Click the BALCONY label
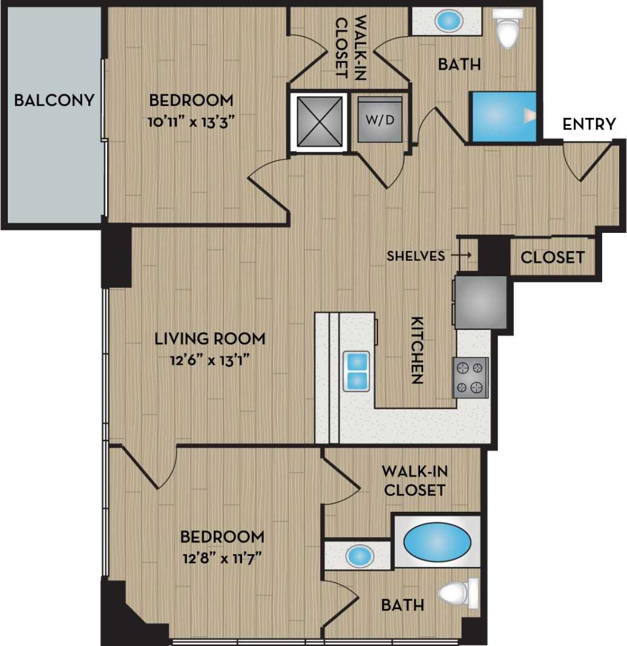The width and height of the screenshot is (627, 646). [54, 100]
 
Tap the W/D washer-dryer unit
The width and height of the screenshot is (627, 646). [379, 119]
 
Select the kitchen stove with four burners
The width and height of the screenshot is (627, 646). [470, 377]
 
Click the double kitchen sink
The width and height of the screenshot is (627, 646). [356, 371]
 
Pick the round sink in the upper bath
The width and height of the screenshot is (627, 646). [448, 22]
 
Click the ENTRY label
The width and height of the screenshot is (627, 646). [589, 124]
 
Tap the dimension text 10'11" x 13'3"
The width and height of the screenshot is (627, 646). [191, 120]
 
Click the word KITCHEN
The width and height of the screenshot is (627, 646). [417, 350]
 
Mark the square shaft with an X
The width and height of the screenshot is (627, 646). [318, 123]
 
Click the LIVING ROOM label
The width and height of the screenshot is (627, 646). [209, 338]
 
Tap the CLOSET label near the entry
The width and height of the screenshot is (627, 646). [553, 257]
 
